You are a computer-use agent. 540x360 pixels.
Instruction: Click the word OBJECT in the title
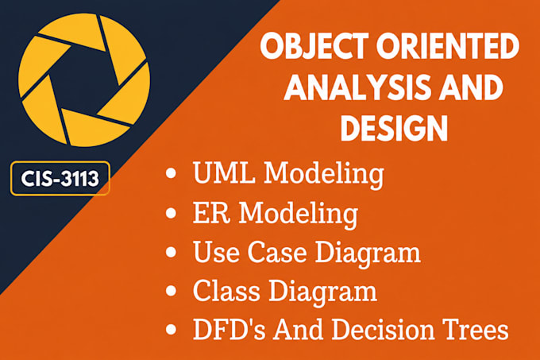(x=314, y=46)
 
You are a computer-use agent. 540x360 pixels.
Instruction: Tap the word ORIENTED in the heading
(x=448, y=46)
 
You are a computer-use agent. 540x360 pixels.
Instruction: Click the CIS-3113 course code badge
(x=60, y=179)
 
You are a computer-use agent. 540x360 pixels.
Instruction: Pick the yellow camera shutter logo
(x=84, y=80)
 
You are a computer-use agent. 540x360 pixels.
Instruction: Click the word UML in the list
(x=224, y=172)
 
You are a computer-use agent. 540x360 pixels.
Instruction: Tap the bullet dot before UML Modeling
(x=171, y=173)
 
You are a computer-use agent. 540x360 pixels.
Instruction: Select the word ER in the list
(x=211, y=212)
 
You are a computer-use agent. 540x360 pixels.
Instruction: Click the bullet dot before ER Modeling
(x=171, y=213)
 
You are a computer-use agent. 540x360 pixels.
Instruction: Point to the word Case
(x=277, y=252)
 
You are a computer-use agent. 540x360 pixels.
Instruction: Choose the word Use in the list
(x=216, y=252)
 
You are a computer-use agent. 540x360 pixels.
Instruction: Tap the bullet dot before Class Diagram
(x=171, y=291)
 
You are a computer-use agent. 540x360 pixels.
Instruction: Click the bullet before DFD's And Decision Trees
(x=171, y=330)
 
